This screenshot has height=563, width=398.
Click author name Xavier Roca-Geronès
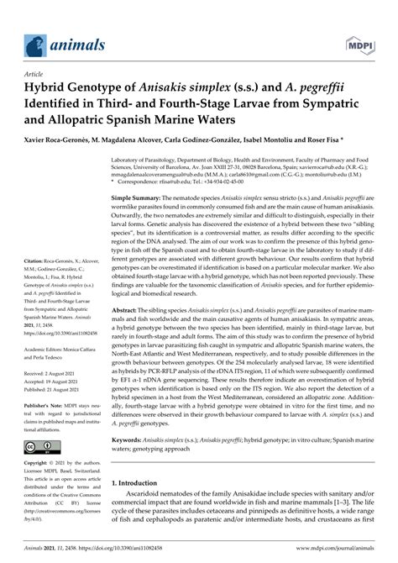click(60, 139)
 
